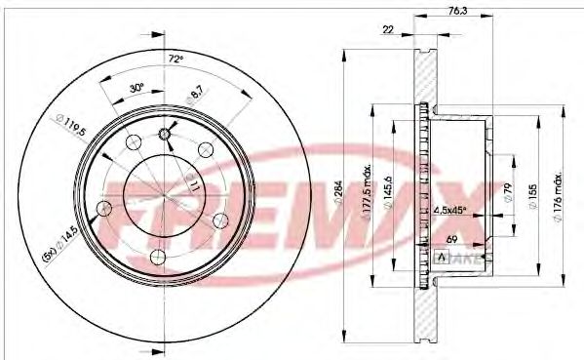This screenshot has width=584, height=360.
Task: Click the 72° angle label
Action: (175, 60)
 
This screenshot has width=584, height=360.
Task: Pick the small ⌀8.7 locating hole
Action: (165, 134)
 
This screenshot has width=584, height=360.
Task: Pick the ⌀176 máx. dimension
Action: (565, 195)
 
